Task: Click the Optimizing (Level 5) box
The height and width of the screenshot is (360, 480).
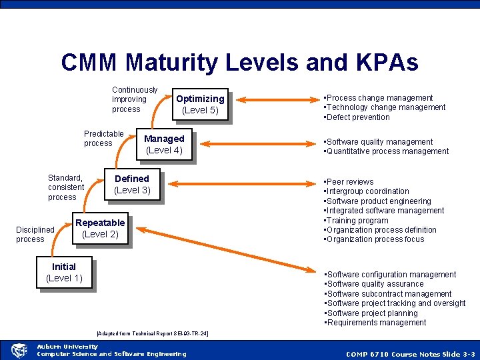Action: coord(199,105)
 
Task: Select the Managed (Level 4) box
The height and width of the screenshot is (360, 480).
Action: coord(164,144)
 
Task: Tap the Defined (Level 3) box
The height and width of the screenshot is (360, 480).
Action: coord(132,185)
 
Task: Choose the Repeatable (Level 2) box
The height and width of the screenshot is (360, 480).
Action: coord(100,228)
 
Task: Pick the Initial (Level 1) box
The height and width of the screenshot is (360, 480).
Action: coord(64,272)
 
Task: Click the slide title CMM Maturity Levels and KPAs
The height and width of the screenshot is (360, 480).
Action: coord(239,63)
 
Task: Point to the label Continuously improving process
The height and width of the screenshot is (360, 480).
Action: coord(135,99)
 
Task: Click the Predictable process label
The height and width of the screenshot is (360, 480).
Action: coord(103,139)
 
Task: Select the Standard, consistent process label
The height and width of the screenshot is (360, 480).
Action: coord(65,187)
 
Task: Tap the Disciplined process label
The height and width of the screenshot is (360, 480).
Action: coord(35,235)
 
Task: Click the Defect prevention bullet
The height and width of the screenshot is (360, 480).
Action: coord(357,117)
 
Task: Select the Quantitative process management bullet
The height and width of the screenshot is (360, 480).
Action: coord(387,151)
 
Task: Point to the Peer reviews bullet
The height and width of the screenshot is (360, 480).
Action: coord(349,182)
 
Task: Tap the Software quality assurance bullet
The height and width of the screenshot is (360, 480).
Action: coord(374,284)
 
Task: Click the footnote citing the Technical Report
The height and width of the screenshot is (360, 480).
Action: coord(153,333)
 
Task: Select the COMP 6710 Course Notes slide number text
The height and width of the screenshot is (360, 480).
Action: coord(410,354)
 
